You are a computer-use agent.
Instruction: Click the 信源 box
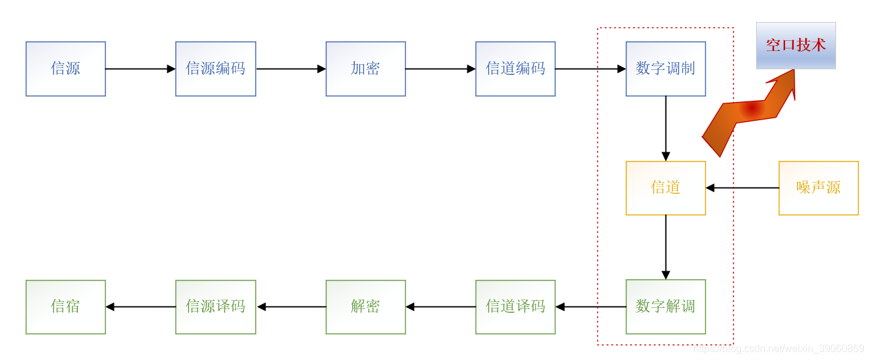click(65, 69)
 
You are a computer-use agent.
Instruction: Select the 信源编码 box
click(215, 69)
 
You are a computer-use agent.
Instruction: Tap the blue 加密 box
click(365, 69)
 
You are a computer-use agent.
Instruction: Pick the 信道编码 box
click(515, 69)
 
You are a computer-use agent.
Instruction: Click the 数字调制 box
click(666, 69)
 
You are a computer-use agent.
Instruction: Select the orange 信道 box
click(666, 188)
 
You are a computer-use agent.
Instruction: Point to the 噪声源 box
click(818, 188)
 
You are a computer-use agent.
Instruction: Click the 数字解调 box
click(666, 307)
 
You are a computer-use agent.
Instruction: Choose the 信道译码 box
click(515, 307)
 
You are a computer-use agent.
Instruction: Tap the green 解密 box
click(365, 307)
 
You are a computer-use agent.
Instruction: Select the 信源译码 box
click(215, 307)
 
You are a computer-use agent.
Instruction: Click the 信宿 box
click(65, 307)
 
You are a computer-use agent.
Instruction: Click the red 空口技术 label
click(796, 45)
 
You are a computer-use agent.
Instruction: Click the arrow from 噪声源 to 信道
click(742, 188)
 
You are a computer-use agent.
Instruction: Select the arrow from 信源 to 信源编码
click(140, 69)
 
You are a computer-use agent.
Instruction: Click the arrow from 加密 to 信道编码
click(440, 69)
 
